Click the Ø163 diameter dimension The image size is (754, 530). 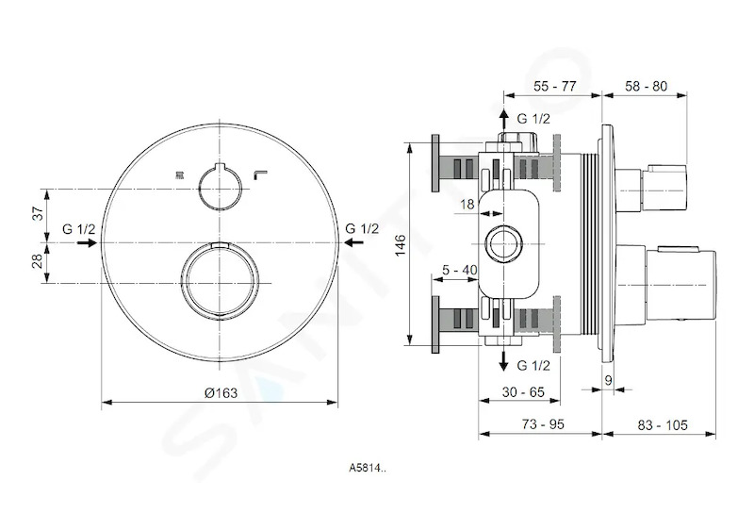[221, 393]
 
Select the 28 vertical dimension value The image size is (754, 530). [40, 261]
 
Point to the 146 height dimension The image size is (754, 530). [401, 245]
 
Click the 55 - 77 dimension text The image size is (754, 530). [554, 86]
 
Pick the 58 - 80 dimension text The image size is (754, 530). [646, 86]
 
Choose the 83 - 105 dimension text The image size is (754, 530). [663, 424]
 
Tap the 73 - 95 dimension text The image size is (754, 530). [543, 423]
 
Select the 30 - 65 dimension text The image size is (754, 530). [523, 392]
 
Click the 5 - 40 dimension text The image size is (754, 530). [460, 270]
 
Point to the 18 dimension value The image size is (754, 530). [467, 205]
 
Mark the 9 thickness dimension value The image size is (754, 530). [608, 380]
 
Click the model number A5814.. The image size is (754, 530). [367, 468]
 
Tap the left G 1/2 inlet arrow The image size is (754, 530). [87, 243]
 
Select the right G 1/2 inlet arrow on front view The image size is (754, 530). [354, 243]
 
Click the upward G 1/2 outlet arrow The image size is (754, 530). [503, 120]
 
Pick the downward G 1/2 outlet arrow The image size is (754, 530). [503, 360]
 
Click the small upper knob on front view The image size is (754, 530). [220, 187]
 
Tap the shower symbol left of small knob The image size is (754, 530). [179, 176]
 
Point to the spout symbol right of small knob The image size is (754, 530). [261, 175]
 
